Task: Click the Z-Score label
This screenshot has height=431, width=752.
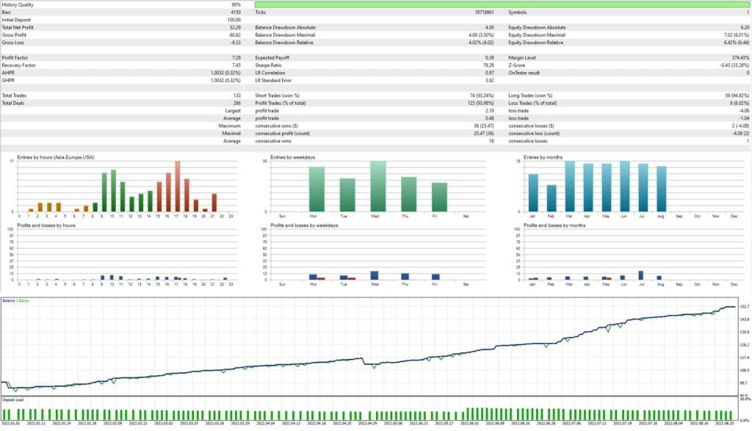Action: click(x=519, y=65)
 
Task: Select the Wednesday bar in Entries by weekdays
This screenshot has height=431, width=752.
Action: click(x=377, y=186)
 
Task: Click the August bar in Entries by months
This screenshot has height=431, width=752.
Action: click(x=661, y=189)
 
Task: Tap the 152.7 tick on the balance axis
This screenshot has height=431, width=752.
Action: click(x=743, y=306)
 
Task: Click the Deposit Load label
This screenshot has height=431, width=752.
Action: click(x=13, y=399)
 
